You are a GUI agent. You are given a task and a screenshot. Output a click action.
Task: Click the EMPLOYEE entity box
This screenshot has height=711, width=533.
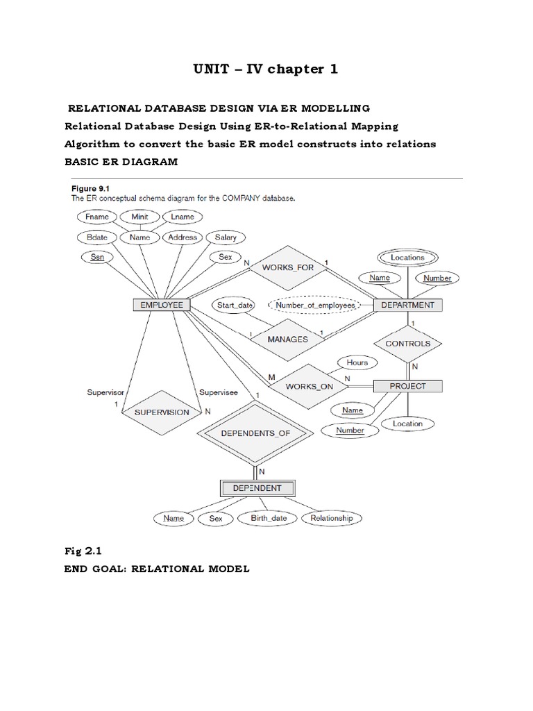coord(162,305)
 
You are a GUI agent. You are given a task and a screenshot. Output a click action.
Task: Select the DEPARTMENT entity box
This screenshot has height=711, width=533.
coord(408,305)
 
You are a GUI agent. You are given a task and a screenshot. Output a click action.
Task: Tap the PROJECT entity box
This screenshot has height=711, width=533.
coord(408,386)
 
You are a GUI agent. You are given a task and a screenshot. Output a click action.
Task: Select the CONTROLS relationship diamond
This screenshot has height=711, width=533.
coord(407,344)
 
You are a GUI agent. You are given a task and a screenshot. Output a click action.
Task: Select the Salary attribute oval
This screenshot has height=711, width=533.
coord(226,237)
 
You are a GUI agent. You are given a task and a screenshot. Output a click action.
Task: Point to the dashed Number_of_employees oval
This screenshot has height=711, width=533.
coord(314,305)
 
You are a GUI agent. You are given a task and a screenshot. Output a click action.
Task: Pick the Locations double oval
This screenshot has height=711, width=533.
coord(407,257)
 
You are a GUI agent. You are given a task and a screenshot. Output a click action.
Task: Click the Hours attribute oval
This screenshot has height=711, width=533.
coord(357,362)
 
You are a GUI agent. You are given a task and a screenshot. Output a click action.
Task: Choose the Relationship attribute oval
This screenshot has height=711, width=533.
coord(332,518)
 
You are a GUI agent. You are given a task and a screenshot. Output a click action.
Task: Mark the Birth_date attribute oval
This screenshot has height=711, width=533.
coord(267,518)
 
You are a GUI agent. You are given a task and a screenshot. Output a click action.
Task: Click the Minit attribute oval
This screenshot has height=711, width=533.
coord(139,217)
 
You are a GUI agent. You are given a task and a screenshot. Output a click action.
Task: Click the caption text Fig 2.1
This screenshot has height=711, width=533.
coord(83,552)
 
